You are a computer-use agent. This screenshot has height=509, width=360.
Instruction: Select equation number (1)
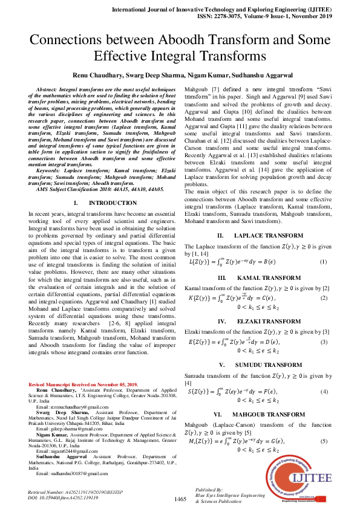(x=324, y=245)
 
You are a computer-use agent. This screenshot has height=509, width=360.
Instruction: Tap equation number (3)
(x=324, y=343)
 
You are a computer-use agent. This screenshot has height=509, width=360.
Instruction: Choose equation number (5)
(x=324, y=441)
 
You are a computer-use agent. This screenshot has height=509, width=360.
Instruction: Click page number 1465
(x=180, y=499)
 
